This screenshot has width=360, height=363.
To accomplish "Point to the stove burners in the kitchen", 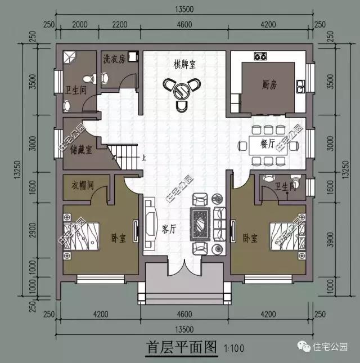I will pyautogui.click(x=260, y=56).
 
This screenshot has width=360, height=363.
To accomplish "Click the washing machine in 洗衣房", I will pyautogui.click(x=133, y=56).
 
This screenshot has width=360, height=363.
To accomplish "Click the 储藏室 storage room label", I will pyautogui.click(x=82, y=149).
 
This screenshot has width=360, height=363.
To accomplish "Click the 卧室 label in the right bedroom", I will pyautogui.click(x=250, y=238).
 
